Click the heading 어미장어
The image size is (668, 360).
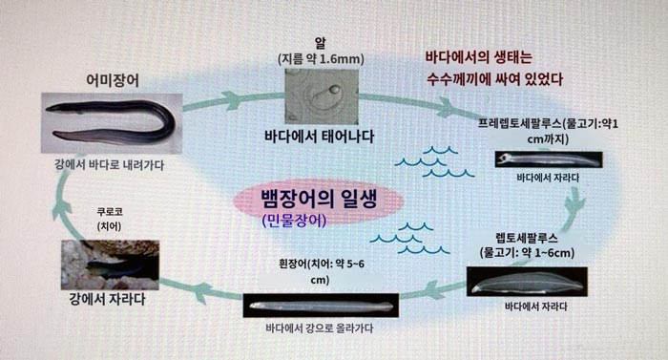click(113, 80)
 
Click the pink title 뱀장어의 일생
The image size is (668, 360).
click(320, 202)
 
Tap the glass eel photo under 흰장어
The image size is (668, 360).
click(320, 307)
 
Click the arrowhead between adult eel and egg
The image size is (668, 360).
click(230, 99)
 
